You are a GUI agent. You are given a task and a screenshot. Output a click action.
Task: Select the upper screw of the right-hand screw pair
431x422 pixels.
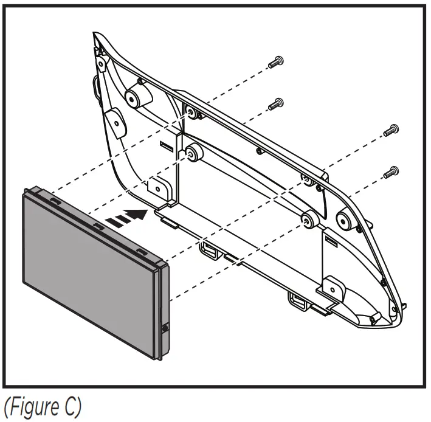391,130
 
